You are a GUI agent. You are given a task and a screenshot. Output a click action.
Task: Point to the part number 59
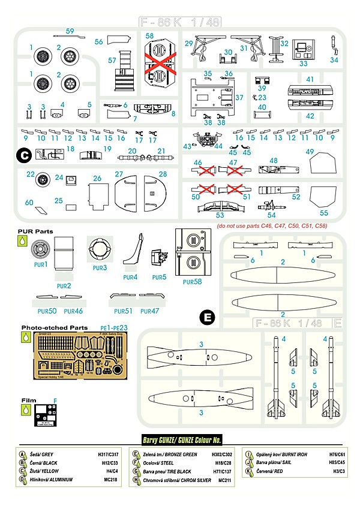70,31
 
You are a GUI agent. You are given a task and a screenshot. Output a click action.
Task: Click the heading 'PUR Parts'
35,231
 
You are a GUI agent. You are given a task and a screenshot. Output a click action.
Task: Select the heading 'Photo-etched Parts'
52,328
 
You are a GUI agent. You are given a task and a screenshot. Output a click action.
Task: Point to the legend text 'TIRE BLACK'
178,472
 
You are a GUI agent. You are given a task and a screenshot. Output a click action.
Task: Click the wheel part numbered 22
44,179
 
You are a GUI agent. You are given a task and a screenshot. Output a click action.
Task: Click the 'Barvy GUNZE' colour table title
182,440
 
